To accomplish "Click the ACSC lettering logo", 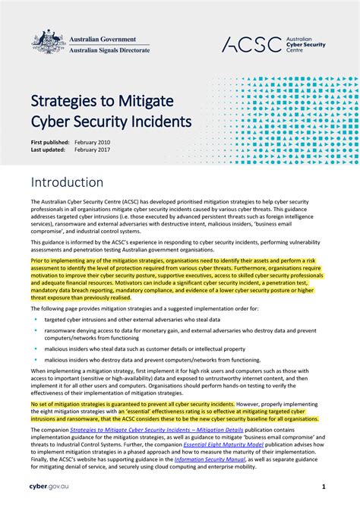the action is click(251, 44).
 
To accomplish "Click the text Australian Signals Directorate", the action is click(110, 51).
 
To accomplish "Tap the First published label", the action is click(50, 143).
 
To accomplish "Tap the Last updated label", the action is click(48, 150).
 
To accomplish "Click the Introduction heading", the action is click(67, 183).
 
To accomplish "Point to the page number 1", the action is click(324, 486).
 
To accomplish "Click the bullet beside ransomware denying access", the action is click(36, 330).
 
